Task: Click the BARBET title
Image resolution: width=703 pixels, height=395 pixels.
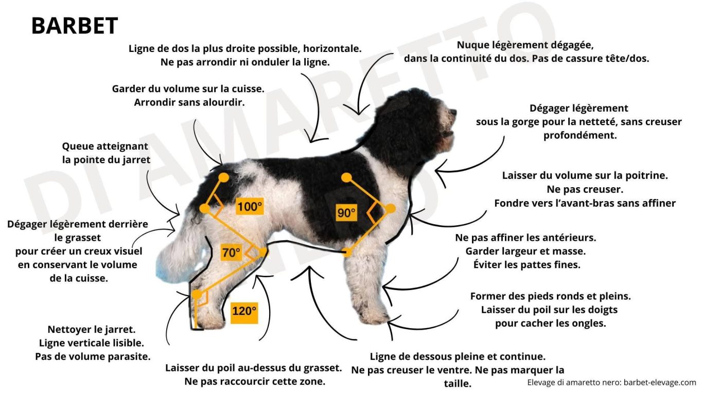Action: click(75, 26)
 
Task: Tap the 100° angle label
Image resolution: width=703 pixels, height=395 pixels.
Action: click(250, 206)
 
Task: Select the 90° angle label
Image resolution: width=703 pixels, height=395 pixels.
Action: click(346, 213)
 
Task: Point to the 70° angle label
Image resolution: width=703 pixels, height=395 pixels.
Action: click(231, 252)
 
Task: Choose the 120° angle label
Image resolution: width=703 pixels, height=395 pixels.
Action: click(244, 313)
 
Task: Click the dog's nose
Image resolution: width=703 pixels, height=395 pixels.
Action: click(453, 112)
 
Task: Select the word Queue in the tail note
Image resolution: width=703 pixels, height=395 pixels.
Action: click(78, 147)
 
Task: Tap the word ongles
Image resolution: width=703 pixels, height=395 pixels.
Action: click(589, 324)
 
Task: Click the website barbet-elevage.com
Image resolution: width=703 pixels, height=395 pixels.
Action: click(660, 383)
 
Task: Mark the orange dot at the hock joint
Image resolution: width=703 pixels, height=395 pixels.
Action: click(197, 295)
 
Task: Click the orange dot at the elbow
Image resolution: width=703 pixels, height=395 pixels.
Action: click(346, 252)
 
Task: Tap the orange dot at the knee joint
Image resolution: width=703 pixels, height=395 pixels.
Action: click(262, 252)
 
